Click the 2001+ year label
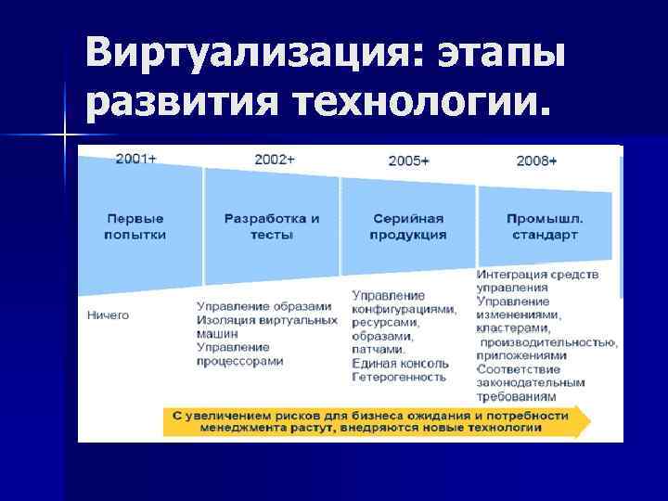point(135,159)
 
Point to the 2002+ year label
point(275,160)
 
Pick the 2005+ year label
point(408,161)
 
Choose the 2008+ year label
point(536,161)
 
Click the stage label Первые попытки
point(135,227)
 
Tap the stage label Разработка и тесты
point(272,227)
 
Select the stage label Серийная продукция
point(408,227)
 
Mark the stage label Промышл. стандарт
point(545,227)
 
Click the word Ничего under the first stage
point(109,315)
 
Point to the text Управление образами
point(263,306)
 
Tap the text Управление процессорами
point(239,354)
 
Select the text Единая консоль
point(400,364)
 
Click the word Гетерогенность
point(399,378)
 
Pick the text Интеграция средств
point(537,275)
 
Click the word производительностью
point(547,341)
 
